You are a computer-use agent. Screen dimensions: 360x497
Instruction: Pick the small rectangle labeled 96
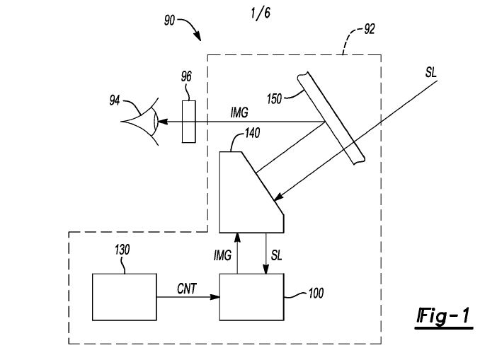[188, 121]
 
